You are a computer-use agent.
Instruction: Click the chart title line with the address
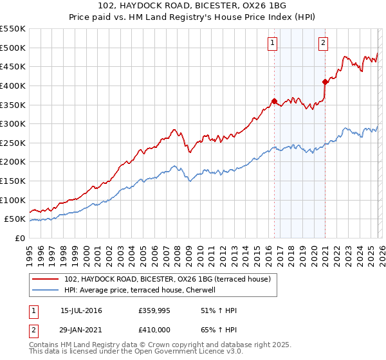point(192,6)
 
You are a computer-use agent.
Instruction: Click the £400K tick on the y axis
point(13,85)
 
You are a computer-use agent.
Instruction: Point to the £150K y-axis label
point(13,181)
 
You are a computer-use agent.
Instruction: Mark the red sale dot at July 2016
point(274,101)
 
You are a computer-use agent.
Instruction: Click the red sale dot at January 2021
point(325,82)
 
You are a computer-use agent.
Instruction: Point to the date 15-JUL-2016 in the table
point(81,310)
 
